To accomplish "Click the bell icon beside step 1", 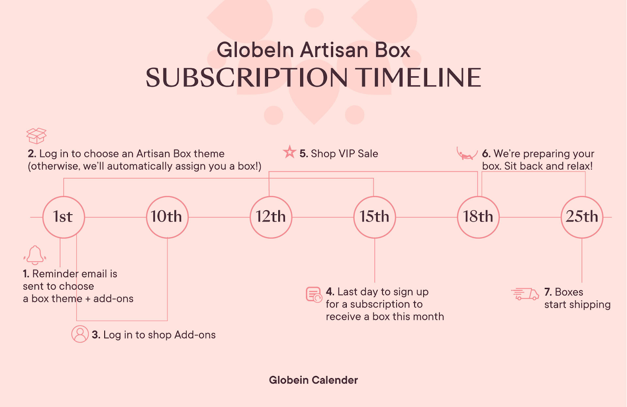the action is click(x=35, y=255).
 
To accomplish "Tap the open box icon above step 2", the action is click(x=36, y=136).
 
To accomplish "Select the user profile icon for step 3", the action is click(x=80, y=334).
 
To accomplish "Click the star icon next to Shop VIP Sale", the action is click(x=290, y=152).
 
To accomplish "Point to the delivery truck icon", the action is click(x=525, y=294).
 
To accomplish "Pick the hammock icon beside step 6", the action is click(x=467, y=154).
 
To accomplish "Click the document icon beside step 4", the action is click(x=314, y=295).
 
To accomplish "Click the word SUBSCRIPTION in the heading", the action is click(x=246, y=78).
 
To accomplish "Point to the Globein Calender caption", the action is click(x=313, y=380).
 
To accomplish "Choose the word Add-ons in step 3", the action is click(x=195, y=335).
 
